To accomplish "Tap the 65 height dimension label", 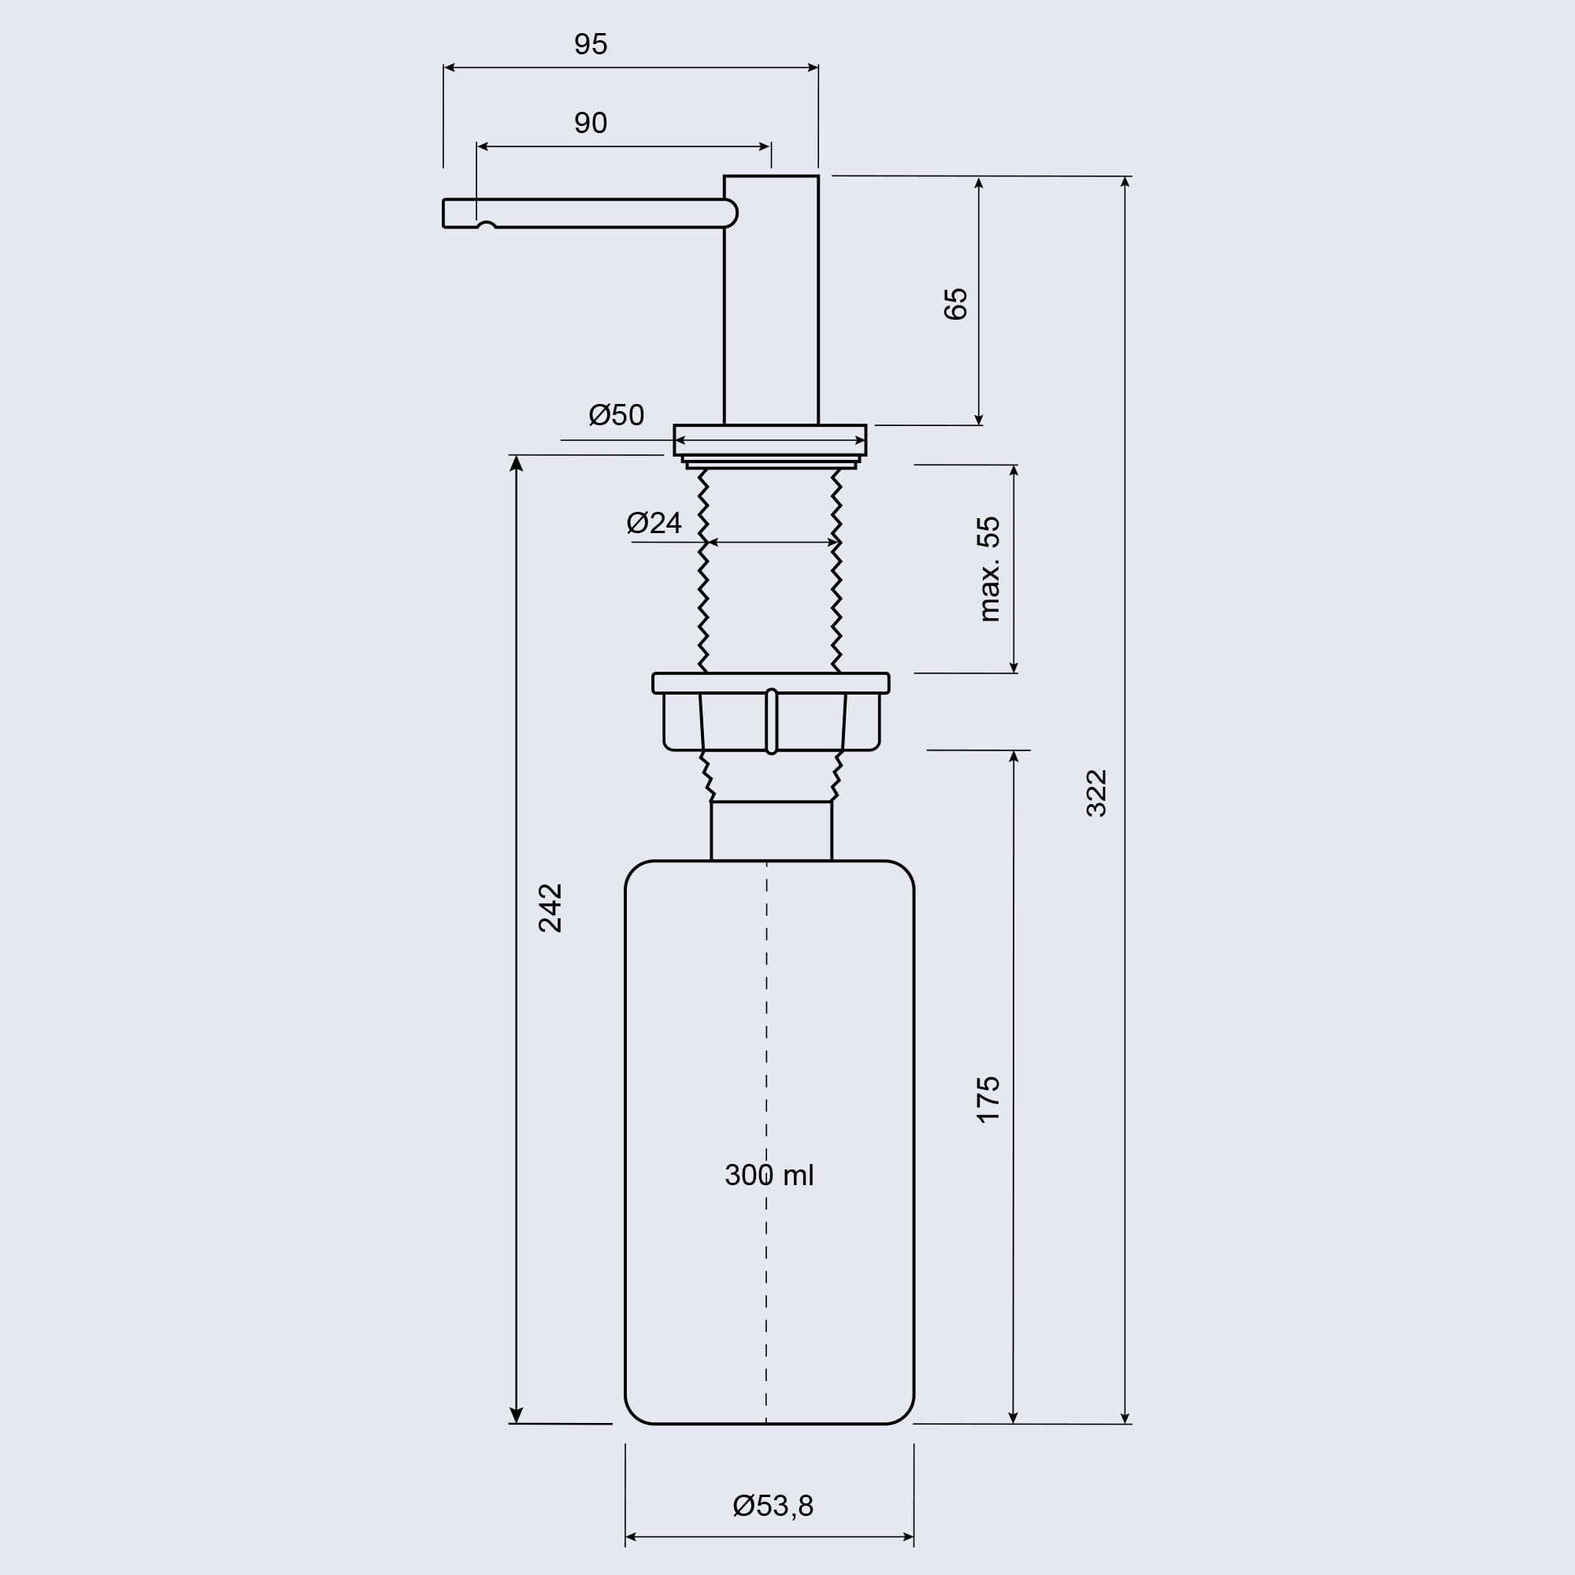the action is tap(955, 303).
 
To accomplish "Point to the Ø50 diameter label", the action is tap(617, 415).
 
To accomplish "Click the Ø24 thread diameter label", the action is tap(654, 523).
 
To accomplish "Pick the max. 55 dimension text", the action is tap(988, 569).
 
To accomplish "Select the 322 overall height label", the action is tap(1096, 792).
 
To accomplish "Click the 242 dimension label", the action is tap(550, 907).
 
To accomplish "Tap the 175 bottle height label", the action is tap(988, 1099).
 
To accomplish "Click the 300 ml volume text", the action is tap(769, 1175).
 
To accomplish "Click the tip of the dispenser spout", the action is tap(443, 213).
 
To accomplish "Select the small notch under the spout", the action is tap(487, 224).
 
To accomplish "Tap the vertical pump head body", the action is tap(771, 300).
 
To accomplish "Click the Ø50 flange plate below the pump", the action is tap(770, 440).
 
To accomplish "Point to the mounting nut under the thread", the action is tap(770, 712).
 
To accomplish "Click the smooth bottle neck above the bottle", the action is tap(771, 831).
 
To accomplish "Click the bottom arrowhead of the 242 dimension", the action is tap(516, 1415).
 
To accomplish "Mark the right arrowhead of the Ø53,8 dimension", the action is tap(908, 1537).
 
